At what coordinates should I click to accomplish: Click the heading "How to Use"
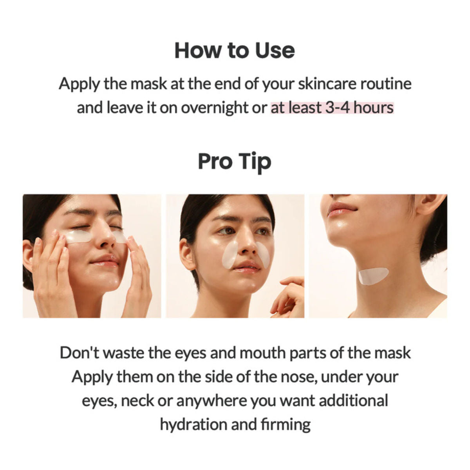235,51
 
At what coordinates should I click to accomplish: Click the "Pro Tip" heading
235,161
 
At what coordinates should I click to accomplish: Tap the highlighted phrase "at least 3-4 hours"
332,107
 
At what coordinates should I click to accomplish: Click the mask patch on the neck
373,276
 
